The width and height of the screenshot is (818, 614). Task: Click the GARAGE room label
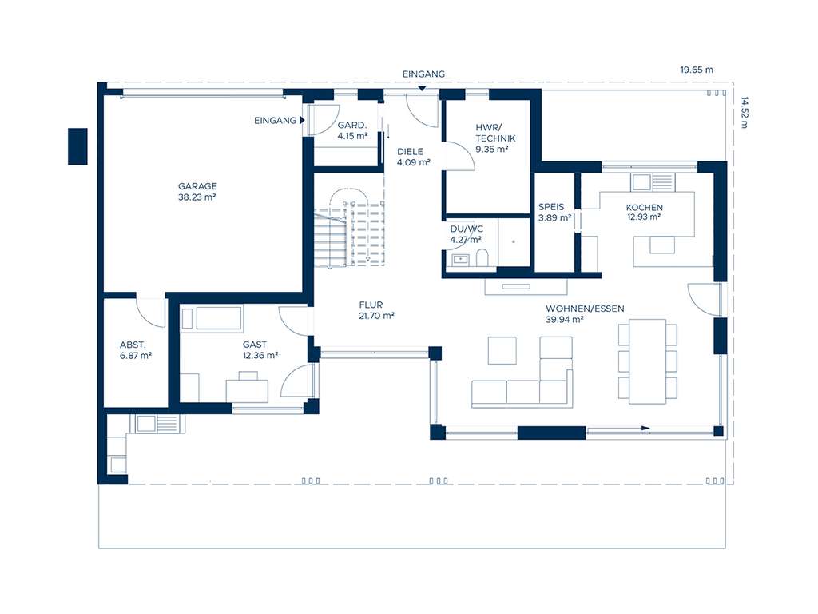197,186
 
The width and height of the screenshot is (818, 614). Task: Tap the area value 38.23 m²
197,197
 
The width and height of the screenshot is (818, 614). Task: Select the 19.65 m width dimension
696,70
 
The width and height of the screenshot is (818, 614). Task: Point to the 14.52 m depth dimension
745,112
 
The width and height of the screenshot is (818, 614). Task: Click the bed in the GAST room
211,318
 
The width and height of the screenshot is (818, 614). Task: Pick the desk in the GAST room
247,390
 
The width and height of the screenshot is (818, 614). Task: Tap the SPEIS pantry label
551,207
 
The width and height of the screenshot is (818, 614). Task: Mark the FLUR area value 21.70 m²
377,316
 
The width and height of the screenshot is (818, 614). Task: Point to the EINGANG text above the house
423,74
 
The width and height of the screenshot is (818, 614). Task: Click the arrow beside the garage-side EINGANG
302,121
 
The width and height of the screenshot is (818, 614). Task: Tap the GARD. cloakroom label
352,126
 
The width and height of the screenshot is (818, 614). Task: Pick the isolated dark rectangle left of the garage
77,146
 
